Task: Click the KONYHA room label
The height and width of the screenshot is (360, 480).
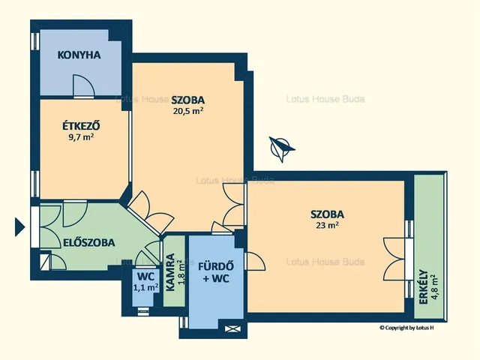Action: pos(79,55)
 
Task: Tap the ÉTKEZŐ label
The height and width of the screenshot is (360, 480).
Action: pos(81,126)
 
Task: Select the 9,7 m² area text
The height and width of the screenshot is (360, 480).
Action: pos(81,136)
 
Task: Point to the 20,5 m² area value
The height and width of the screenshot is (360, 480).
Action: pos(188,111)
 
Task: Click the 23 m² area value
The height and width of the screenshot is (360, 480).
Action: pos(327,225)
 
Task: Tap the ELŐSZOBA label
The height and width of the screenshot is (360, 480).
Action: pos(89,242)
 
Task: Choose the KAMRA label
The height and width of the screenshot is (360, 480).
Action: pos(170,272)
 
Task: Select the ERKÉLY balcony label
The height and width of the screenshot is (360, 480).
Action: pos(423,286)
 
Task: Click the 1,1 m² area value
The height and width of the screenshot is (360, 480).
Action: pos(145,287)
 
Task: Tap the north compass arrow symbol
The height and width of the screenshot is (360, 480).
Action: pos(280,148)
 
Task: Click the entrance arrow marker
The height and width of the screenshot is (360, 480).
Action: pos(19,226)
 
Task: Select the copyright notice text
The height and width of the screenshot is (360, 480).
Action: pos(406,328)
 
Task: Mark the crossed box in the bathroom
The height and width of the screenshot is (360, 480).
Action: pos(233,329)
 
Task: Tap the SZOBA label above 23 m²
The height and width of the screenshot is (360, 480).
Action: pos(327,214)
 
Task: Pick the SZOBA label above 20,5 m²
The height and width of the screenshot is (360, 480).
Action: pos(188,100)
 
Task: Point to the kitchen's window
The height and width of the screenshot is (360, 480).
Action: pos(36,40)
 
